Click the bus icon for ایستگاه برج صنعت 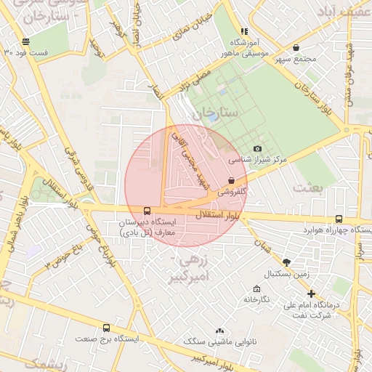(x=107, y=328)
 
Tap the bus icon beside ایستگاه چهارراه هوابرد (x=339, y=219)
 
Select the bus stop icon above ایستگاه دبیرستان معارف (x=147, y=209)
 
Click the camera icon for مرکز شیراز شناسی (x=257, y=148)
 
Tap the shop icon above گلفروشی (x=231, y=181)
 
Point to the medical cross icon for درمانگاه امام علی (x=312, y=294)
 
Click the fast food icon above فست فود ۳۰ (x=26, y=41)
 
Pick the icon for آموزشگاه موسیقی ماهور (x=244, y=31)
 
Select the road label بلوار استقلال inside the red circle (x=218, y=216)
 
